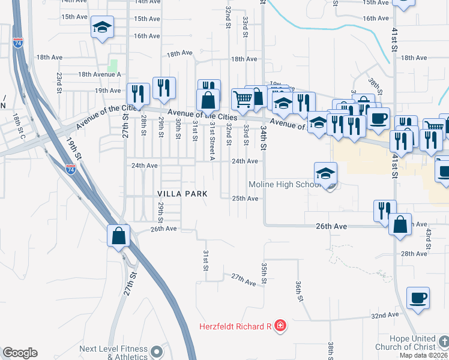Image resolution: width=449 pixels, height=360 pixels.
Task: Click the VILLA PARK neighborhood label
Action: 182,194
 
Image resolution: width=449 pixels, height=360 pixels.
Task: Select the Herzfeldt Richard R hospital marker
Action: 280,326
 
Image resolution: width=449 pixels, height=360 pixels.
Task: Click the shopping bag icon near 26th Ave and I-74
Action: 119,235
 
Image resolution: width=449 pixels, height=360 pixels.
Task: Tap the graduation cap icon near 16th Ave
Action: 103,28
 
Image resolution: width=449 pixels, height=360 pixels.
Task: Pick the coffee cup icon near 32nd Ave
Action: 418,298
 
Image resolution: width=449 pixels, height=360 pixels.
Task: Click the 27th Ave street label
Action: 244,278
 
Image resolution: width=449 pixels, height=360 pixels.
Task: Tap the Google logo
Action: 20,353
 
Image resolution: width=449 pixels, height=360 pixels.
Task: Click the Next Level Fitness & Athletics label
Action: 114,352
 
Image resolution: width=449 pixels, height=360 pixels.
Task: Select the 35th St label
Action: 264,273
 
